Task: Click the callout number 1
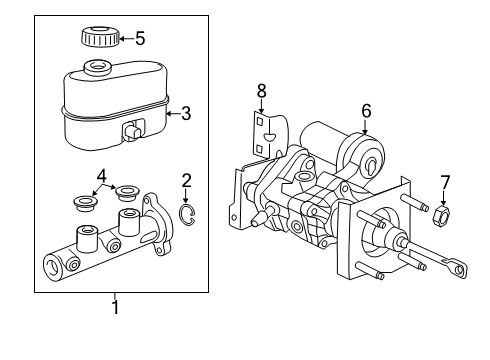114,308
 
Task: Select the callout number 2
186,180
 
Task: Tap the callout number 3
187,114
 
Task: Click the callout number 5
139,39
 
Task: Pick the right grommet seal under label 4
127,192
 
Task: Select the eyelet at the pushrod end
460,267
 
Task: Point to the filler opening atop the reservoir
98,69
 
